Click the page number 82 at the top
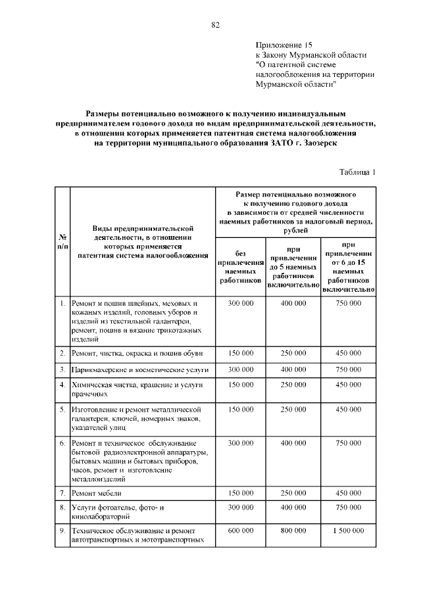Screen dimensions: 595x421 (x=214, y=25)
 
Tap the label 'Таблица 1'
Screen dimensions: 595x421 (x=357, y=173)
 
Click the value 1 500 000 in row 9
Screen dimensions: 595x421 (x=349, y=530)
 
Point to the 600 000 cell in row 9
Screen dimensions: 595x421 (x=240, y=530)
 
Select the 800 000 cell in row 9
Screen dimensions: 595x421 (x=293, y=530)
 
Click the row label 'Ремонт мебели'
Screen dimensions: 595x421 (x=97, y=492)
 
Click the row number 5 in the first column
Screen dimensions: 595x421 (x=61, y=409)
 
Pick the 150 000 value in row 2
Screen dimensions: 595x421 (x=240, y=353)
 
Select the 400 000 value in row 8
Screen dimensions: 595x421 (x=293, y=508)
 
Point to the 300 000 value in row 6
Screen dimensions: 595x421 (x=240, y=444)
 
